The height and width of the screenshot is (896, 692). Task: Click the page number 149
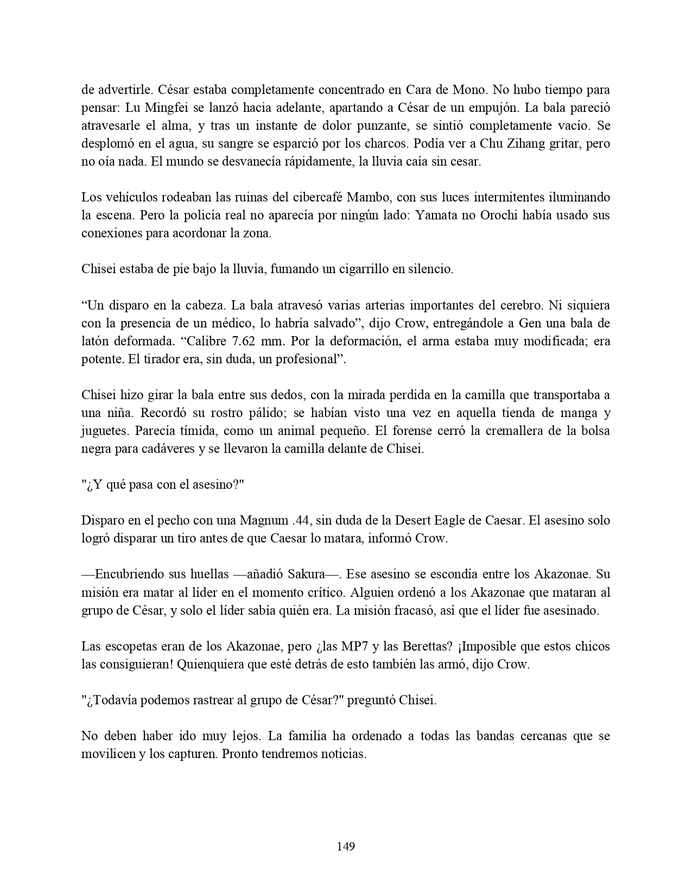346,846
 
